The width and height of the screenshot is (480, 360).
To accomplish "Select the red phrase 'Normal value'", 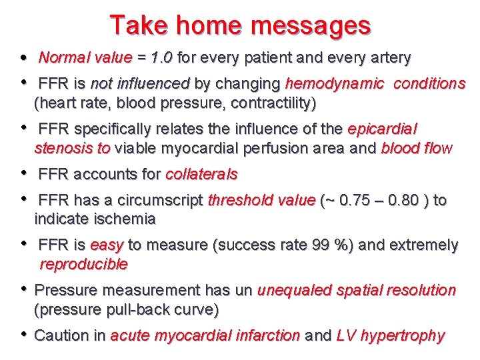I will (85, 58).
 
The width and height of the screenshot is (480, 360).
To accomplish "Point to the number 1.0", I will (160, 58).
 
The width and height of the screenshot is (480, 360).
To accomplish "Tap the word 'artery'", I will (388, 58).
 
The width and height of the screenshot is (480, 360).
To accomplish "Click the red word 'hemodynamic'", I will (334, 84).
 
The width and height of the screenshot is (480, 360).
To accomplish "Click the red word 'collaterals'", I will (201, 175).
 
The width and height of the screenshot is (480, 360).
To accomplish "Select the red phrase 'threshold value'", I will (261, 200).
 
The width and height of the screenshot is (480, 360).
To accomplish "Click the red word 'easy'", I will (107, 245).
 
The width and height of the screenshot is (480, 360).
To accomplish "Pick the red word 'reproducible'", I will (83, 264).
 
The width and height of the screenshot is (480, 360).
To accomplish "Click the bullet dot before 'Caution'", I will (23, 335).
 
